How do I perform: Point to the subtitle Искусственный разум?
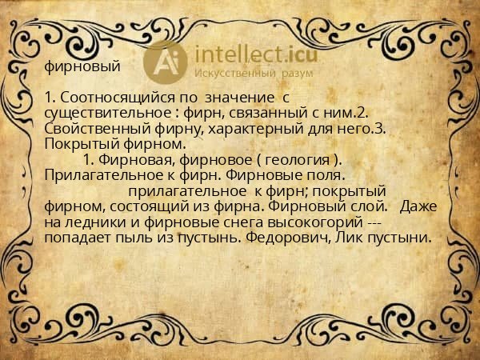pos(249,73)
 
